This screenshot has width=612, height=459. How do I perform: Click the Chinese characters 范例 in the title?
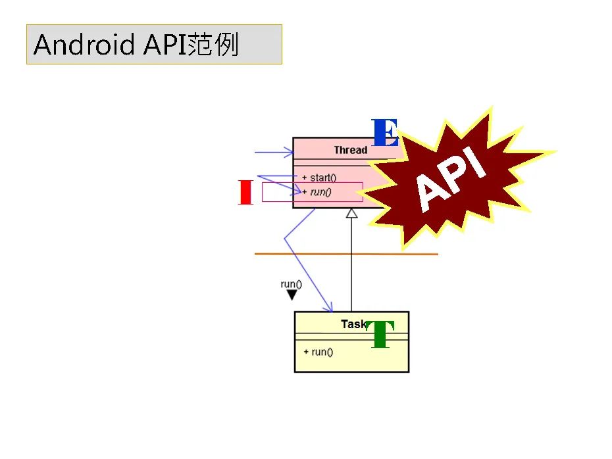click(x=213, y=45)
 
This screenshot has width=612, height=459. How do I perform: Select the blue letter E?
click(x=384, y=133)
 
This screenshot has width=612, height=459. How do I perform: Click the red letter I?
click(x=245, y=192)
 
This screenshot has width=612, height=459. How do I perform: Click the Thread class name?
click(x=350, y=150)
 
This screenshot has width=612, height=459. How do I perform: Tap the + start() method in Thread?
click(x=319, y=178)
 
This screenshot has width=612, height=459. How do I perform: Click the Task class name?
click(x=353, y=324)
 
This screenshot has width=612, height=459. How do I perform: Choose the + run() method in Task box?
click(x=319, y=352)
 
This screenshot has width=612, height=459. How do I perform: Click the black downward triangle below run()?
click(x=292, y=295)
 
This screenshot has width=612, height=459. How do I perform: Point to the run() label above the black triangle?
click(x=291, y=284)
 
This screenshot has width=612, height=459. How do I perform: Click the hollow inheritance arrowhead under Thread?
click(x=352, y=213)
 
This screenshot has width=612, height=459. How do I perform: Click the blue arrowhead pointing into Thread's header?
click(x=288, y=153)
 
